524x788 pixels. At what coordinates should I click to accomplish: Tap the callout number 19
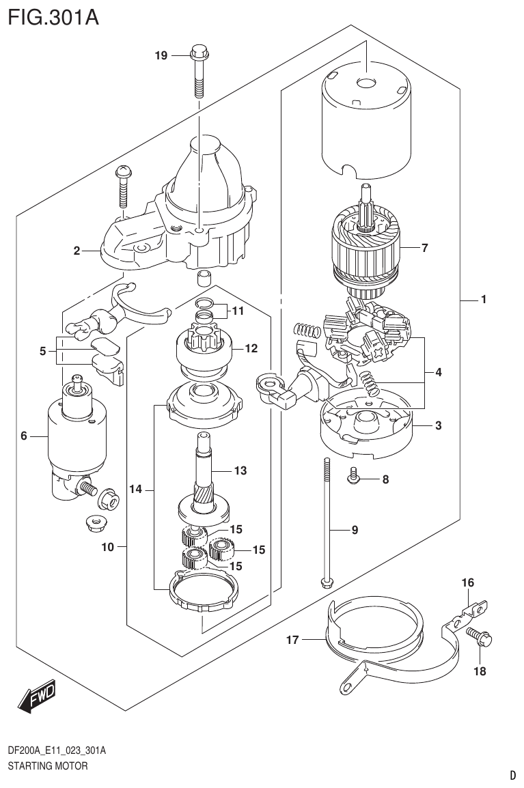[x=161, y=56]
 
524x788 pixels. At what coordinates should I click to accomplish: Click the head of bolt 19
[x=198, y=51]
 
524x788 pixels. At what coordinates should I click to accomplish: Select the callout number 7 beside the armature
[x=424, y=248]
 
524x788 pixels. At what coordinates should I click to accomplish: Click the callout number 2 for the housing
[x=77, y=251]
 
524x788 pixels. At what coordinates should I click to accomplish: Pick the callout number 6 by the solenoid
[x=23, y=435]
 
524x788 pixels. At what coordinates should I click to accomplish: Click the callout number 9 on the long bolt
[x=355, y=529]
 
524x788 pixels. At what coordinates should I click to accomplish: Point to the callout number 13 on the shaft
[x=239, y=470]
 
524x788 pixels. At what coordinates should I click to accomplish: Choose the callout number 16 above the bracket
[x=467, y=582]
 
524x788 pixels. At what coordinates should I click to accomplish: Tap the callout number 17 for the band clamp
[x=293, y=640]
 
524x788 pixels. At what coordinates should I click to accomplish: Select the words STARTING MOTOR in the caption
[x=48, y=766]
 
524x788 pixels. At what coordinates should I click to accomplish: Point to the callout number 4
[x=438, y=373]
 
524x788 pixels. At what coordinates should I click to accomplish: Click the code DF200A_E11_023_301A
[x=57, y=750]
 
